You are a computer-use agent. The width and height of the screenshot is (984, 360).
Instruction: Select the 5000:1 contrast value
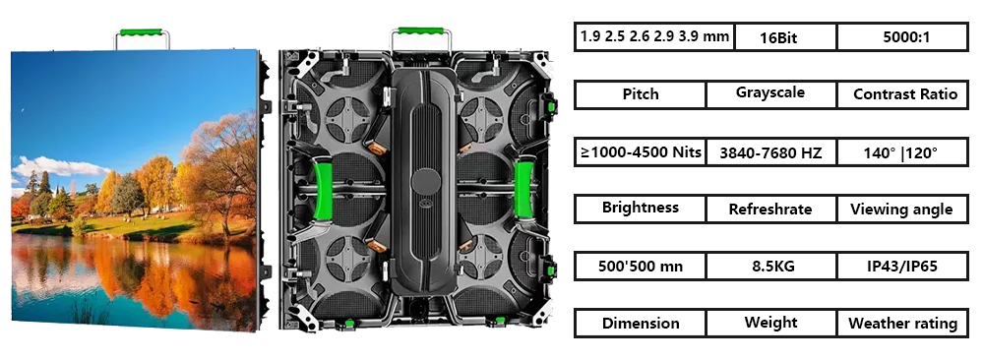coord(902,37)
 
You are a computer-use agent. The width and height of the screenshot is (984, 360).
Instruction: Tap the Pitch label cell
coord(641,94)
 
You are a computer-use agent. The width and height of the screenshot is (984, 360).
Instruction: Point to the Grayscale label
coord(770,93)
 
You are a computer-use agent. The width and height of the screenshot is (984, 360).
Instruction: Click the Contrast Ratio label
coord(902,94)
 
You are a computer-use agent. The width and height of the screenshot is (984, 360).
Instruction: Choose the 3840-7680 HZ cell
coord(770,151)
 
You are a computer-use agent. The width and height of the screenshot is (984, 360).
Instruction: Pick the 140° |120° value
coord(902,151)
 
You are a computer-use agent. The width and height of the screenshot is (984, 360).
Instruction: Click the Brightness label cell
coord(641,209)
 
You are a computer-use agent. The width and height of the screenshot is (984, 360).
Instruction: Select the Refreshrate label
coord(770,210)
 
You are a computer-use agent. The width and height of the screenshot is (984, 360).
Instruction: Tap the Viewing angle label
coord(902,210)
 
